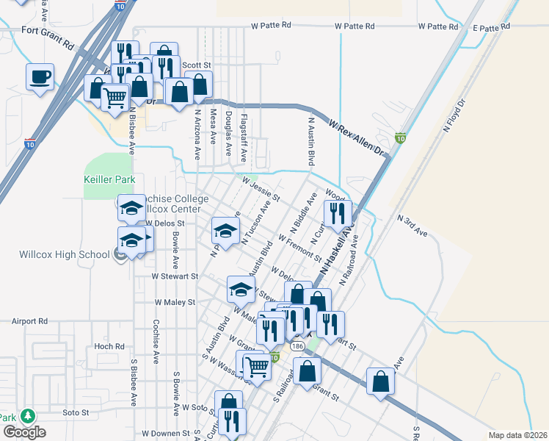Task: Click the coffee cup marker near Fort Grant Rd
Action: coord(40,76)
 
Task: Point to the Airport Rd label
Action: coord(29,321)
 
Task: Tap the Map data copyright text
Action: coord(518,435)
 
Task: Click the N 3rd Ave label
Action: coord(412,225)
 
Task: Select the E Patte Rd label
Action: coord(491,27)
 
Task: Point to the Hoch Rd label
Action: coord(109,346)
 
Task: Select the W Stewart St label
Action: coord(175,276)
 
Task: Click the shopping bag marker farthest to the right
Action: coord(380,381)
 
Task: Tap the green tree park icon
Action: coord(28,416)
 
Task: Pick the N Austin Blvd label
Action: coord(311,140)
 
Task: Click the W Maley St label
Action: coord(175,301)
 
